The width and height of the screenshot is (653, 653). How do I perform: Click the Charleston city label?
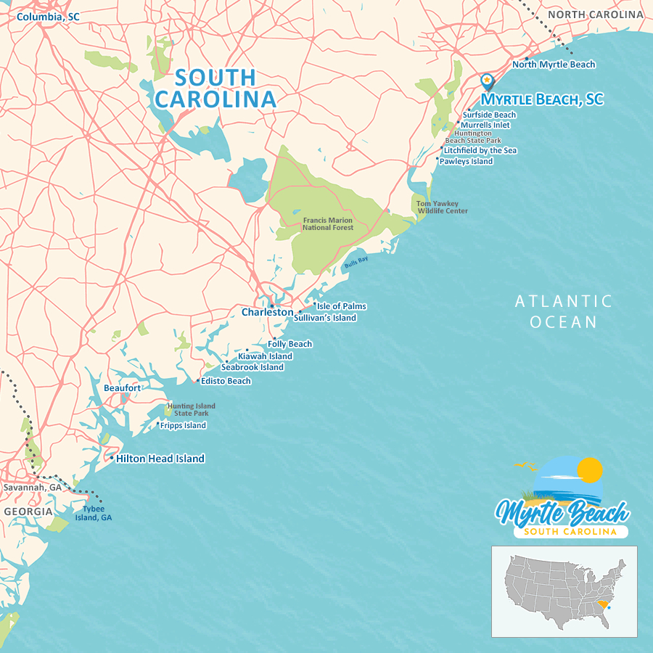click(267, 313)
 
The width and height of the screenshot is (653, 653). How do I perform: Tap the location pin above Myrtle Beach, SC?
click(487, 81)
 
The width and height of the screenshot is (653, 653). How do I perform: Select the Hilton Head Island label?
click(160, 459)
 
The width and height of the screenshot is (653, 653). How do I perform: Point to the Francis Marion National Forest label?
click(328, 223)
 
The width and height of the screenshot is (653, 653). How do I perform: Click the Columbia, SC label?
click(48, 16)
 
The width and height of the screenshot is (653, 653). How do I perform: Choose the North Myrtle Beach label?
click(554, 65)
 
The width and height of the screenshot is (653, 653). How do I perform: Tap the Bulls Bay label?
click(356, 263)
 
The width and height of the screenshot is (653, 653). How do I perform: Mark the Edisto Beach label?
click(226, 381)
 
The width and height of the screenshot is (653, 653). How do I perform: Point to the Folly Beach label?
click(289, 344)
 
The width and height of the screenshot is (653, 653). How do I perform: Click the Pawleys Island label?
click(466, 161)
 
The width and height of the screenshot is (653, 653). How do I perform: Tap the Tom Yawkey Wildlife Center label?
click(442, 208)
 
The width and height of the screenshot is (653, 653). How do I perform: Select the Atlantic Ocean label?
click(564, 311)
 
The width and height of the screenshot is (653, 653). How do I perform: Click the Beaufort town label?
click(122, 388)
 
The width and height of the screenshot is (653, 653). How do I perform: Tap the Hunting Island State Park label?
click(191, 409)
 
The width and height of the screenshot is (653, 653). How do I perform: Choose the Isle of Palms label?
click(341, 306)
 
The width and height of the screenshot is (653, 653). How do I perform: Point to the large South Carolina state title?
click(215, 88)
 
